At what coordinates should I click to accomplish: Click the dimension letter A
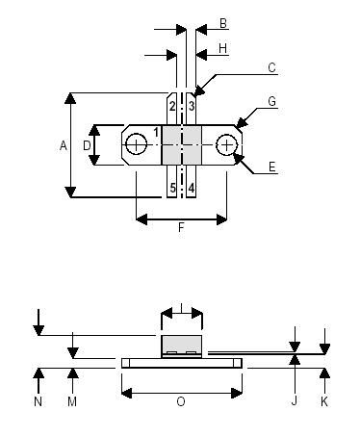pos(63,145)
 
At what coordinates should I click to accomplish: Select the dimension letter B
pos(222,22)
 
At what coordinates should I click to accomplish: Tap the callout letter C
pos(272,67)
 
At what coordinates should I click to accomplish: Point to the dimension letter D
pos(87,145)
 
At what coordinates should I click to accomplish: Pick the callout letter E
pos(272,167)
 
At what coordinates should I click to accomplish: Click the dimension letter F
pos(181,229)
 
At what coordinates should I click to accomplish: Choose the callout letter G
pos(272,100)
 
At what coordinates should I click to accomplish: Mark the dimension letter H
pos(222,46)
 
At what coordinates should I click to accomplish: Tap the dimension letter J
pos(294,401)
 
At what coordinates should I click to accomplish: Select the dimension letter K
pos(324,401)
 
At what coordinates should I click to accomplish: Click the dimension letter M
pos(71,401)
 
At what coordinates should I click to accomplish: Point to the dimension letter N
pos(39,401)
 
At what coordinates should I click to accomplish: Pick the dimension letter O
pos(180,401)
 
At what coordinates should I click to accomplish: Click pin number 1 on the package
pos(156,131)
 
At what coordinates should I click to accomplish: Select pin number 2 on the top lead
pos(171,105)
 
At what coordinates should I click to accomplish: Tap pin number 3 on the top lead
pos(192,105)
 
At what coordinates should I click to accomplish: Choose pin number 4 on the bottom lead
pos(192,188)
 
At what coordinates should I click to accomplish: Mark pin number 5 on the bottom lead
pos(172,188)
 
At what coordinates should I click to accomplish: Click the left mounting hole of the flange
pos(138,145)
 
